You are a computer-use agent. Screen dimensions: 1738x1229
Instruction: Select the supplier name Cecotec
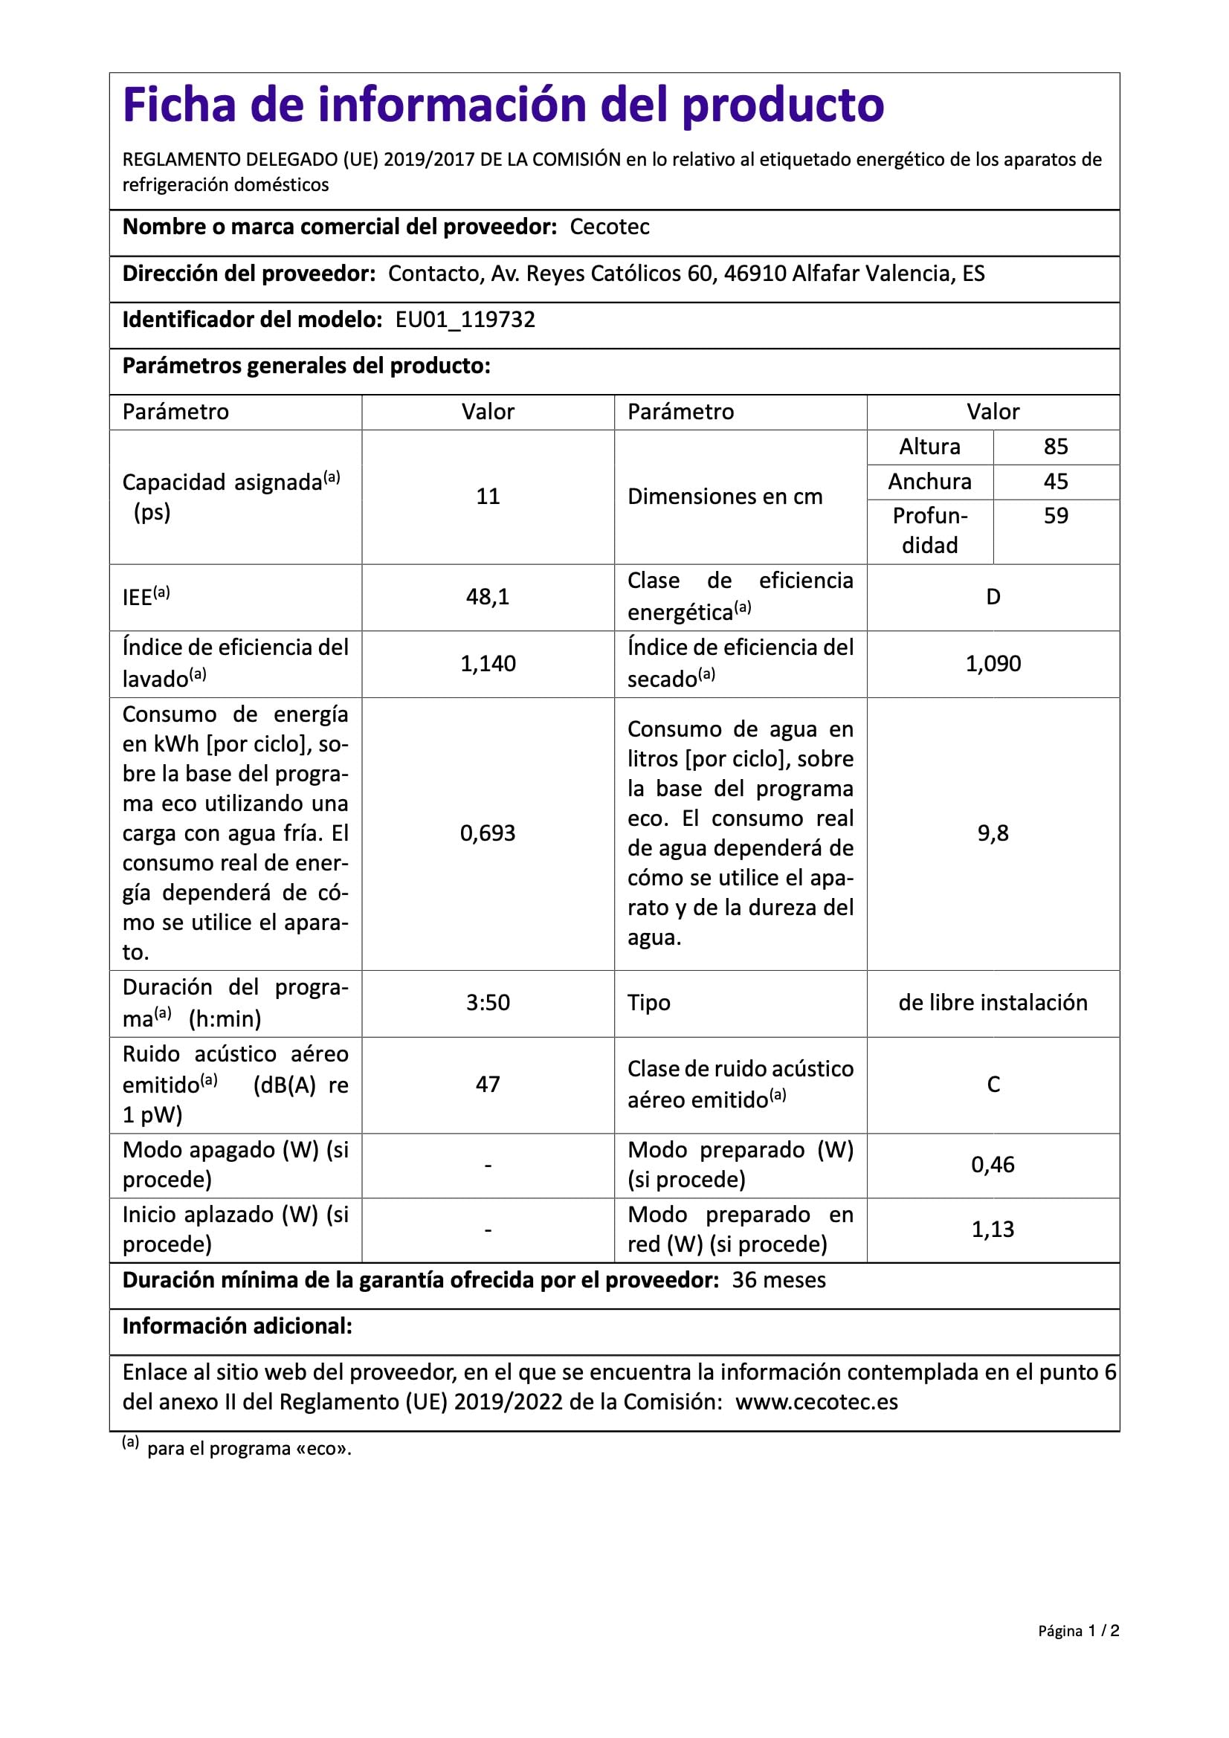click(610, 227)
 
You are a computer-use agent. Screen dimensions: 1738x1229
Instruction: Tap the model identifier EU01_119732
click(465, 320)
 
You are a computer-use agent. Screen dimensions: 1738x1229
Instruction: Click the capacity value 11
click(488, 497)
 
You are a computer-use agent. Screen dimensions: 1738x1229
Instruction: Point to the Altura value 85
click(1056, 447)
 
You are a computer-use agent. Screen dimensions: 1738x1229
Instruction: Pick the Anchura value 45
click(1056, 482)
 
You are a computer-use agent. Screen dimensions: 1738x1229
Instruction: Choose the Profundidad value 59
click(1056, 516)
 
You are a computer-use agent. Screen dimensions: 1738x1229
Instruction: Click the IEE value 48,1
click(488, 597)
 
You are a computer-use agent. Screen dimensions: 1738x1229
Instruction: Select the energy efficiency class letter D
click(993, 597)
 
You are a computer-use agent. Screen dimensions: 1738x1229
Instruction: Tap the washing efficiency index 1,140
click(488, 664)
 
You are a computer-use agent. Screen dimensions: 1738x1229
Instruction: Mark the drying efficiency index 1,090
click(993, 664)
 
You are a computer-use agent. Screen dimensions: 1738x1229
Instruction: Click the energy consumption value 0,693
click(488, 833)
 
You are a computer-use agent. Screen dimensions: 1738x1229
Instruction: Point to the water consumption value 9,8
click(993, 833)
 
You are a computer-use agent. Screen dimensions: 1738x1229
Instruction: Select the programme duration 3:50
click(488, 1003)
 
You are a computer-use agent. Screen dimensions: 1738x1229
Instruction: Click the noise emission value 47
click(488, 1085)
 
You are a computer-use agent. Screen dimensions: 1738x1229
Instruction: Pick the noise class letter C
click(993, 1085)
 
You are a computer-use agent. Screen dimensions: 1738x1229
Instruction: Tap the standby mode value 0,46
click(993, 1165)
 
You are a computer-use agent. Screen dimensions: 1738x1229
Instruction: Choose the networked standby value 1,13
click(993, 1230)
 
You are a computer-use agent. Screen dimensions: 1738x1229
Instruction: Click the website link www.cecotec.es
click(816, 1402)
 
